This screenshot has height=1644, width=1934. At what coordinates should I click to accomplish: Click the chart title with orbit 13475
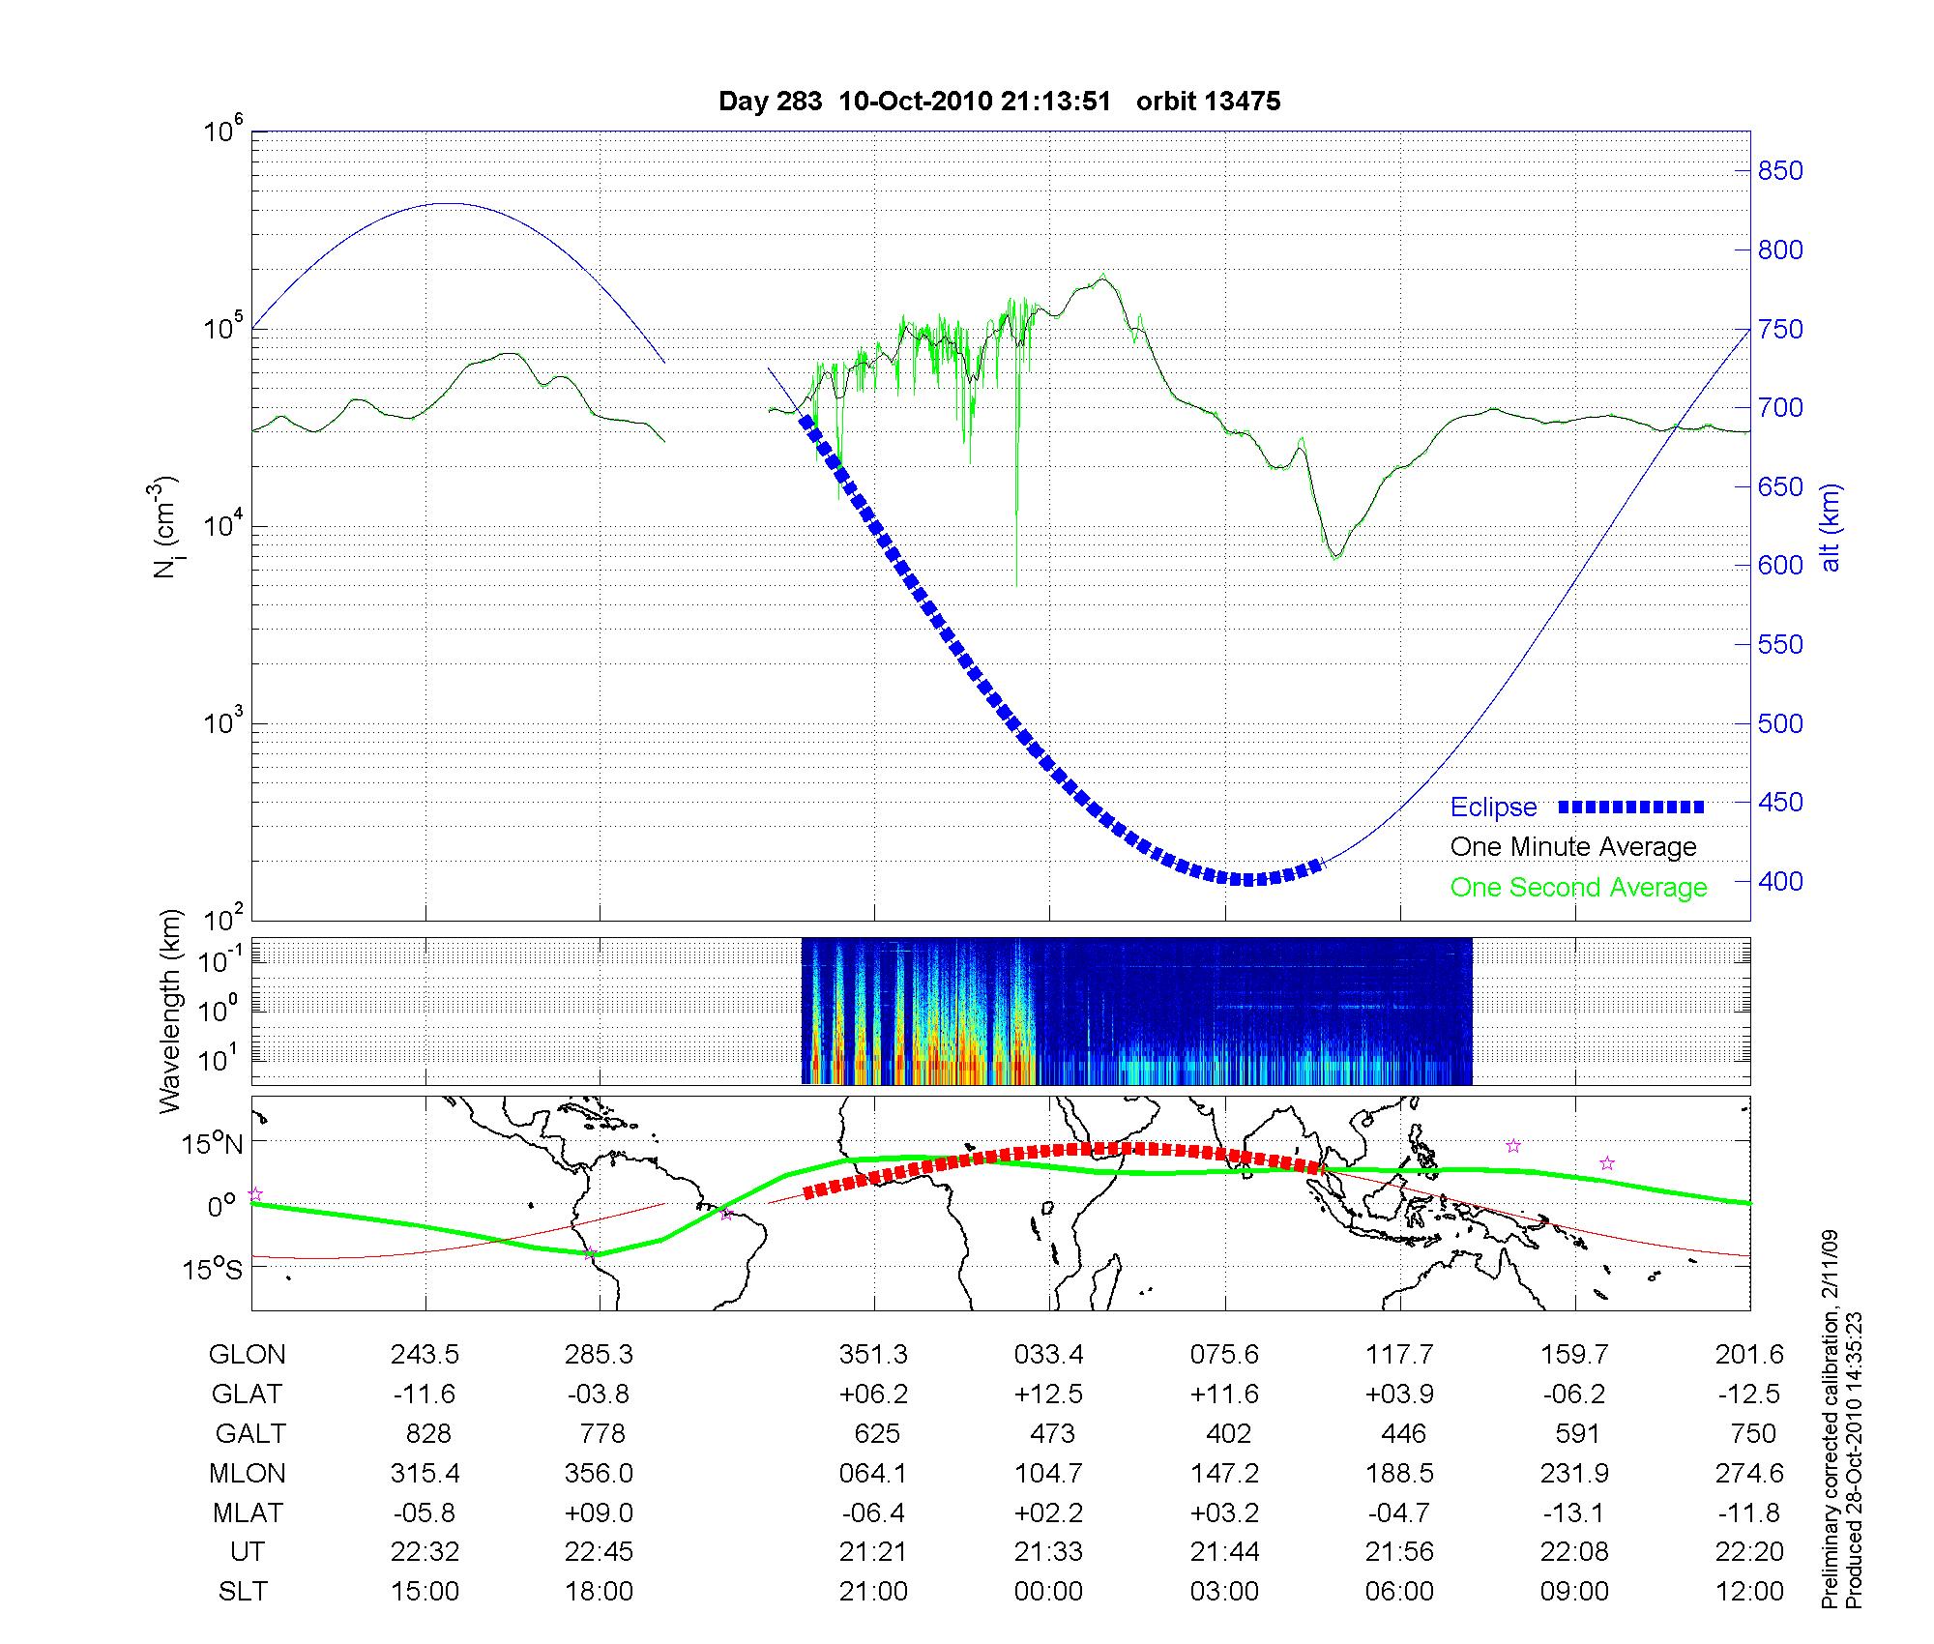click(x=999, y=102)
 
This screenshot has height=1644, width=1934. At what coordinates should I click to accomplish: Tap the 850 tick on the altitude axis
click(x=1779, y=171)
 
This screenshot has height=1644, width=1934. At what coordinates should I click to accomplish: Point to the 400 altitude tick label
click(x=1779, y=881)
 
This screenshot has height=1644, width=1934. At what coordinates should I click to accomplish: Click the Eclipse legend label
click(x=1493, y=807)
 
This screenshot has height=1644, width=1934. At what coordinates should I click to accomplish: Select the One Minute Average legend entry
click(x=1573, y=847)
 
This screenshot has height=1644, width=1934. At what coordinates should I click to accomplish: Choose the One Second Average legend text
click(x=1578, y=888)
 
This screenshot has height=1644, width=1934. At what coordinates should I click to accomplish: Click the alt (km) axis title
click(x=1831, y=527)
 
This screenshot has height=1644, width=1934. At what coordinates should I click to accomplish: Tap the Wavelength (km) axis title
click(x=171, y=1011)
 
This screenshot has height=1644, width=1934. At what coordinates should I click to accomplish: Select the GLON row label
click(x=247, y=1355)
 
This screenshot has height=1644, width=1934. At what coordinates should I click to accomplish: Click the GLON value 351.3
click(x=873, y=1355)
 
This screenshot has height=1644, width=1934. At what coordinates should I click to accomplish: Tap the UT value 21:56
click(x=1399, y=1552)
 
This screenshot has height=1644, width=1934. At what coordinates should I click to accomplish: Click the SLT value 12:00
click(x=1749, y=1592)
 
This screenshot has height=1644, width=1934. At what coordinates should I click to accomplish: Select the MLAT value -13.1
click(x=1574, y=1512)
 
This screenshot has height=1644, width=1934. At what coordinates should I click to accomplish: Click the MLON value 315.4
click(x=425, y=1473)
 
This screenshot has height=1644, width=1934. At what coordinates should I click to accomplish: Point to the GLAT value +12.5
click(x=1048, y=1394)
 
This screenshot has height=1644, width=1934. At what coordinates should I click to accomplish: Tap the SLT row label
click(x=243, y=1592)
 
